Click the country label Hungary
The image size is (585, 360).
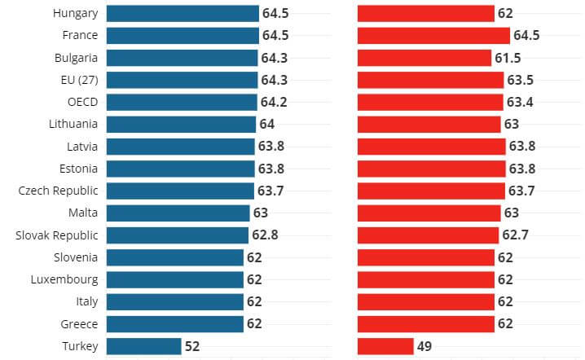[75, 13]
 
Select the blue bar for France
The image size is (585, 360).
[183, 35]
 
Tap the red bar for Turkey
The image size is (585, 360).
[385, 346]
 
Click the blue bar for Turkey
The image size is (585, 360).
[143, 346]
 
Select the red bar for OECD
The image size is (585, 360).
[430, 102]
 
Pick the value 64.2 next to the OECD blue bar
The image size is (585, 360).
[274, 102]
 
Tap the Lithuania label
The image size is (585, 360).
[73, 124]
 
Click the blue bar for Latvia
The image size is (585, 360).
[180, 147]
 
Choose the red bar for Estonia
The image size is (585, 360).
[431, 169]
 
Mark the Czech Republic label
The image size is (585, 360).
[58, 191]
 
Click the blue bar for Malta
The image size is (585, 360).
[178, 213]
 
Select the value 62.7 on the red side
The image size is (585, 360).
[515, 235]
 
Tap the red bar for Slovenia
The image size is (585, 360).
[426, 257]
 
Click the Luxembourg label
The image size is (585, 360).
[66, 279]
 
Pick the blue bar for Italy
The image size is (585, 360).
[175, 301]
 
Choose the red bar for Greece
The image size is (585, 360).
[426, 324]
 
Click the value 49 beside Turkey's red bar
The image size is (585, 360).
[424, 346]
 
